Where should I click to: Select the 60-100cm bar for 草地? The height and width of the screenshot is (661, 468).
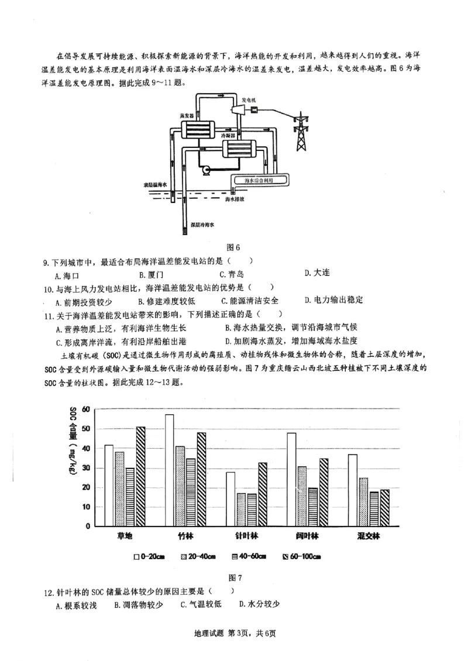pyautogui.click(x=141, y=476)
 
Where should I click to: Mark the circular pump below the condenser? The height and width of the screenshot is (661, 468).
pyautogui.click(x=205, y=170)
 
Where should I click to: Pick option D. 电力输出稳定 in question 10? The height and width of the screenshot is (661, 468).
pyautogui.click(x=334, y=300)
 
